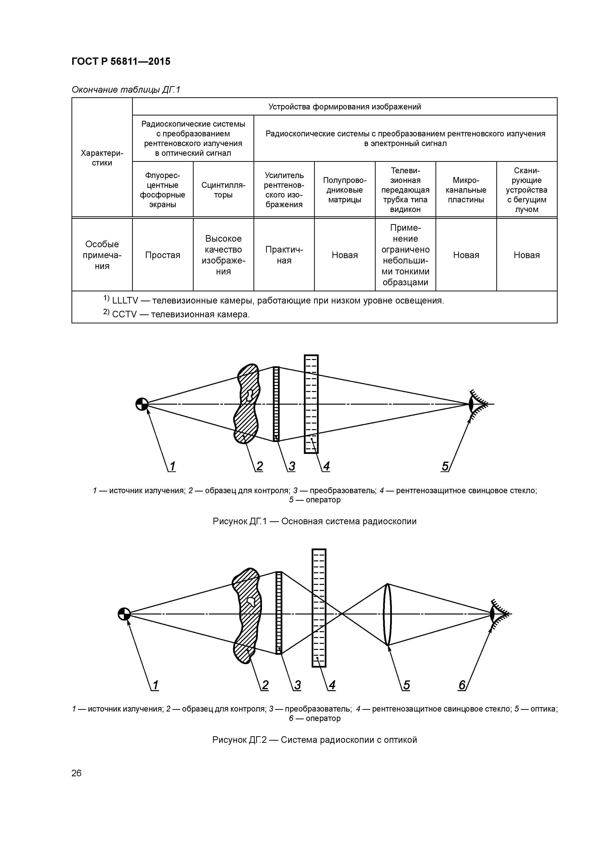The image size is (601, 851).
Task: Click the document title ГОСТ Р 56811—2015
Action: coord(121,62)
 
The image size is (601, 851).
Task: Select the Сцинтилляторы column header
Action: coord(223,190)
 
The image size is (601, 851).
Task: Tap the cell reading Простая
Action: coord(163,255)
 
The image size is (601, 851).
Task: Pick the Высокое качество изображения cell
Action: coord(223,255)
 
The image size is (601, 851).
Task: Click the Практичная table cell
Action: coord(284,255)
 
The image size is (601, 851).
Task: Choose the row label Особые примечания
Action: coord(102,255)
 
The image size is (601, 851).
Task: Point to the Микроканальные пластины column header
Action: coord(466,190)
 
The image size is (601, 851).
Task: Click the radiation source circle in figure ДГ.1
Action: coord(142,404)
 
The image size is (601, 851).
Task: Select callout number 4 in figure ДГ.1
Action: coord(326,466)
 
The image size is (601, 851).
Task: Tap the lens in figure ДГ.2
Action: coord(387,614)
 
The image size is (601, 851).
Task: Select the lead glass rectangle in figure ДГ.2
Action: coord(319,608)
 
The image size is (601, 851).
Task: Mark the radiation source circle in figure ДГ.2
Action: coord(124,614)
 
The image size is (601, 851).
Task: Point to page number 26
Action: coord(76,773)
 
